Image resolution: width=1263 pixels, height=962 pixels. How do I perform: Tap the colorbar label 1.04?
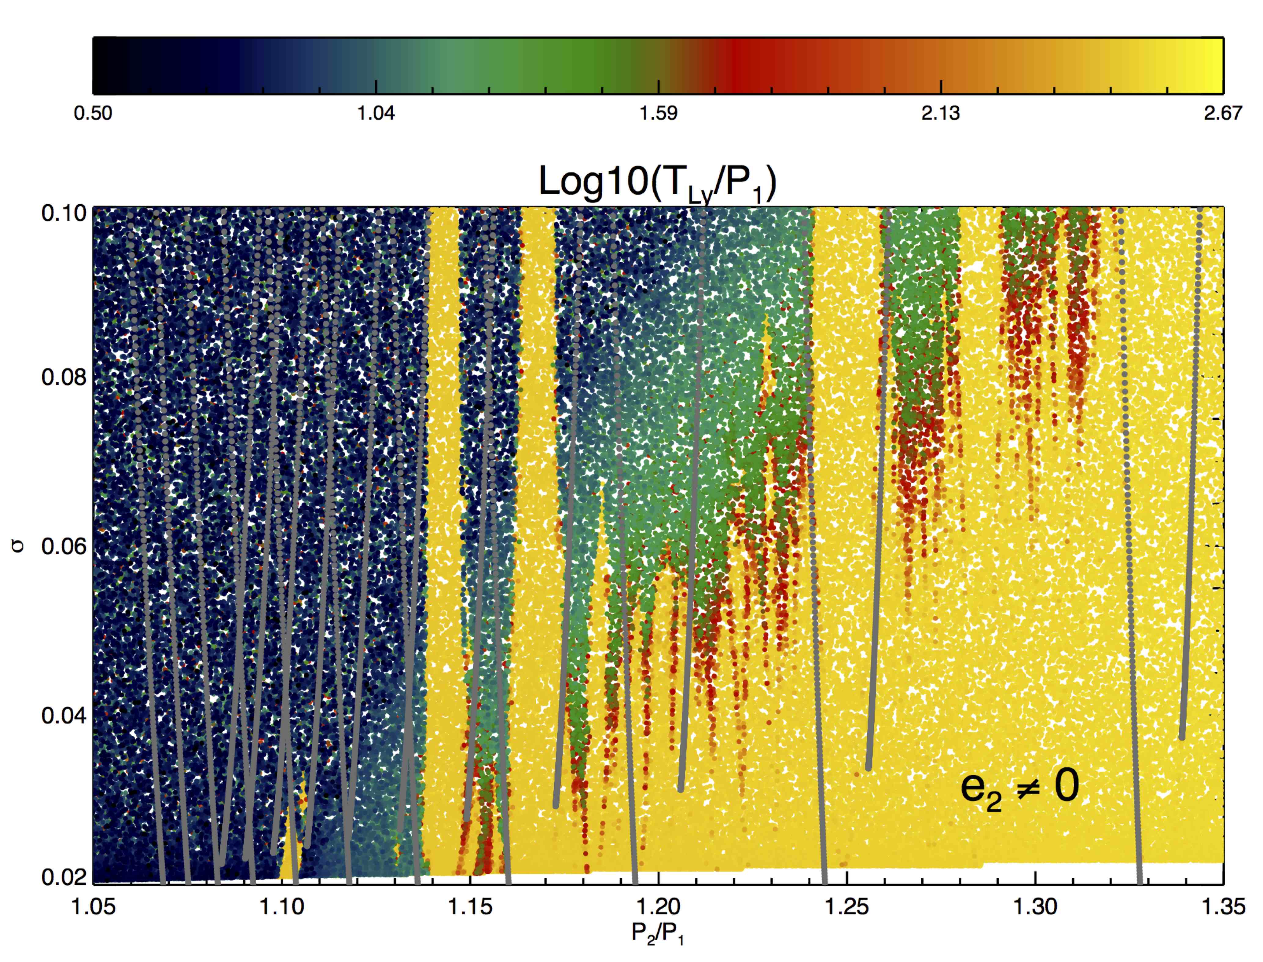coord(376,113)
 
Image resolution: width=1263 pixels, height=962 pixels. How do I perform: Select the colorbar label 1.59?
coord(659,113)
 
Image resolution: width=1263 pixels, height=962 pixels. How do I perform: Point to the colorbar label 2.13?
coord(940,113)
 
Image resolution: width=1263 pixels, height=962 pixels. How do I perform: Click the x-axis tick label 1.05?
coord(94,907)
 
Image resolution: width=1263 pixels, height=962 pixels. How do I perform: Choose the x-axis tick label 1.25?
coord(847,907)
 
